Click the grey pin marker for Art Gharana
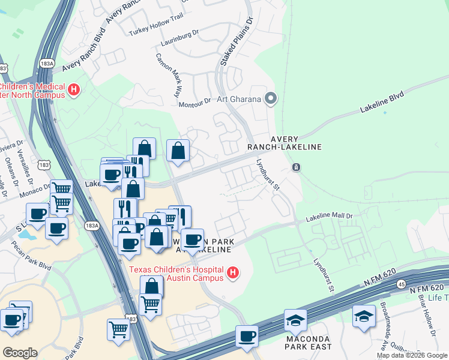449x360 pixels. pyautogui.click(x=271, y=98)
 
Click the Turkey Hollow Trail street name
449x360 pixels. pyautogui.click(x=152, y=33)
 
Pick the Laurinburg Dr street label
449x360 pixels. pyautogui.click(x=179, y=44)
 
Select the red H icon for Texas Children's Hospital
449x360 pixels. pyautogui.click(x=233, y=275)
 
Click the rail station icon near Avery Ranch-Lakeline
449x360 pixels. pyautogui.click(x=296, y=167)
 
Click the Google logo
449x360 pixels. pyautogui.click(x=19, y=353)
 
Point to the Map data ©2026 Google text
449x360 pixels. pyautogui.click(x=411, y=355)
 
